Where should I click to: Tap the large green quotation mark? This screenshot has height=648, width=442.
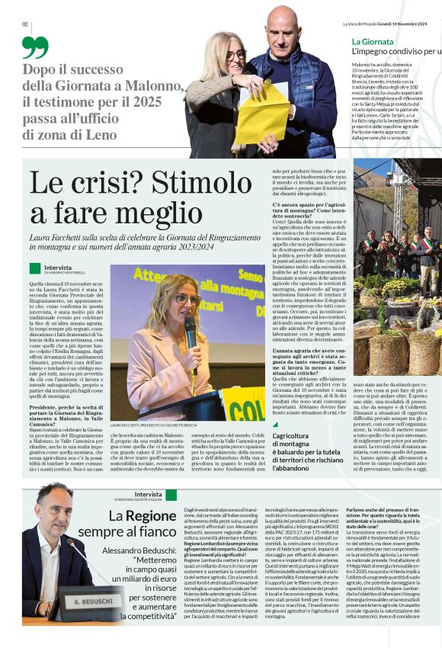tap(34, 47)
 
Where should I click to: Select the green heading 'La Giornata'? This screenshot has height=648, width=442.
tap(372, 40)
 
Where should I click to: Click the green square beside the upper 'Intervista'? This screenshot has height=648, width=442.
tap(34, 268)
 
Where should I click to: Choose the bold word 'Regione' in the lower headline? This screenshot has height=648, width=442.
tap(151, 516)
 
